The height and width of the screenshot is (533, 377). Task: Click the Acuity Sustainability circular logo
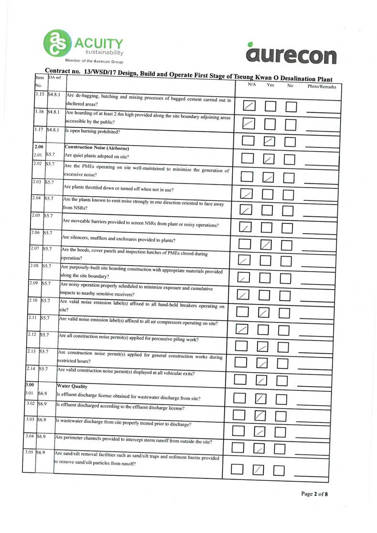56,43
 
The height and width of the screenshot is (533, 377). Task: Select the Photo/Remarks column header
322,87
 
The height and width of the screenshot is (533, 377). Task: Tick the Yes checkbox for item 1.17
269,141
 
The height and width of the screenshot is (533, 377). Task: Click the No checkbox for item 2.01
289,159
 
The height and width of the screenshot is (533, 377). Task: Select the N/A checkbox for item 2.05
245,227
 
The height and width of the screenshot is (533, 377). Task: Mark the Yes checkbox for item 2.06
266,245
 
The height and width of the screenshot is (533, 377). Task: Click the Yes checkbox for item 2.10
264,313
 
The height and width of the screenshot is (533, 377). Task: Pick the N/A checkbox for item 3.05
237,470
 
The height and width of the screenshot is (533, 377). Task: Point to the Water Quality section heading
71,385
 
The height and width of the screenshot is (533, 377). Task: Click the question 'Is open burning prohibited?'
92,132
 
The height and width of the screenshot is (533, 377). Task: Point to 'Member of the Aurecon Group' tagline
94,62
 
